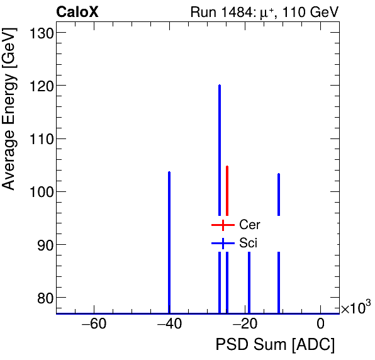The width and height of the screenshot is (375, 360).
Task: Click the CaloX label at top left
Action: click(x=77, y=12)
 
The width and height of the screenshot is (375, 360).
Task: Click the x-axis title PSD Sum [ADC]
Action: click(x=274, y=345)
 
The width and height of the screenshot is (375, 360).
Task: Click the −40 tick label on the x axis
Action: click(x=169, y=325)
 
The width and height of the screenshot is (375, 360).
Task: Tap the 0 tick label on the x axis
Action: click(x=321, y=325)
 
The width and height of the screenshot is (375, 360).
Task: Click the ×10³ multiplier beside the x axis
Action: click(x=355, y=308)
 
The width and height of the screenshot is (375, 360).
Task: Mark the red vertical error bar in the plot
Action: click(x=227, y=189)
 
